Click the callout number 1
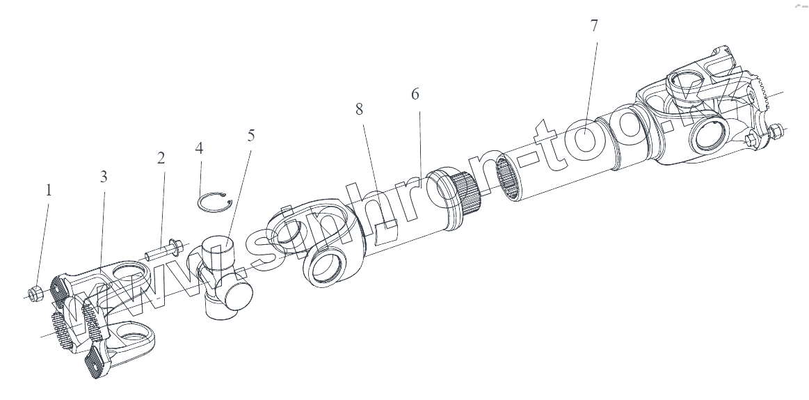tap(48, 190)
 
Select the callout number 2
tap(161, 158)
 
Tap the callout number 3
tap(104, 177)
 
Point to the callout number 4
tap(200, 148)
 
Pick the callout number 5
tap(250, 135)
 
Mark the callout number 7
tap(593, 26)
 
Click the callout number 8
tap(359, 110)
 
